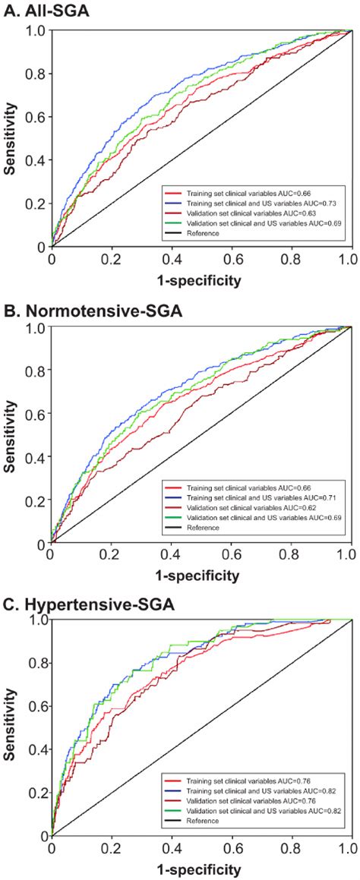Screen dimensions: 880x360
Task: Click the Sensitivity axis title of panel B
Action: (10, 437)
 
